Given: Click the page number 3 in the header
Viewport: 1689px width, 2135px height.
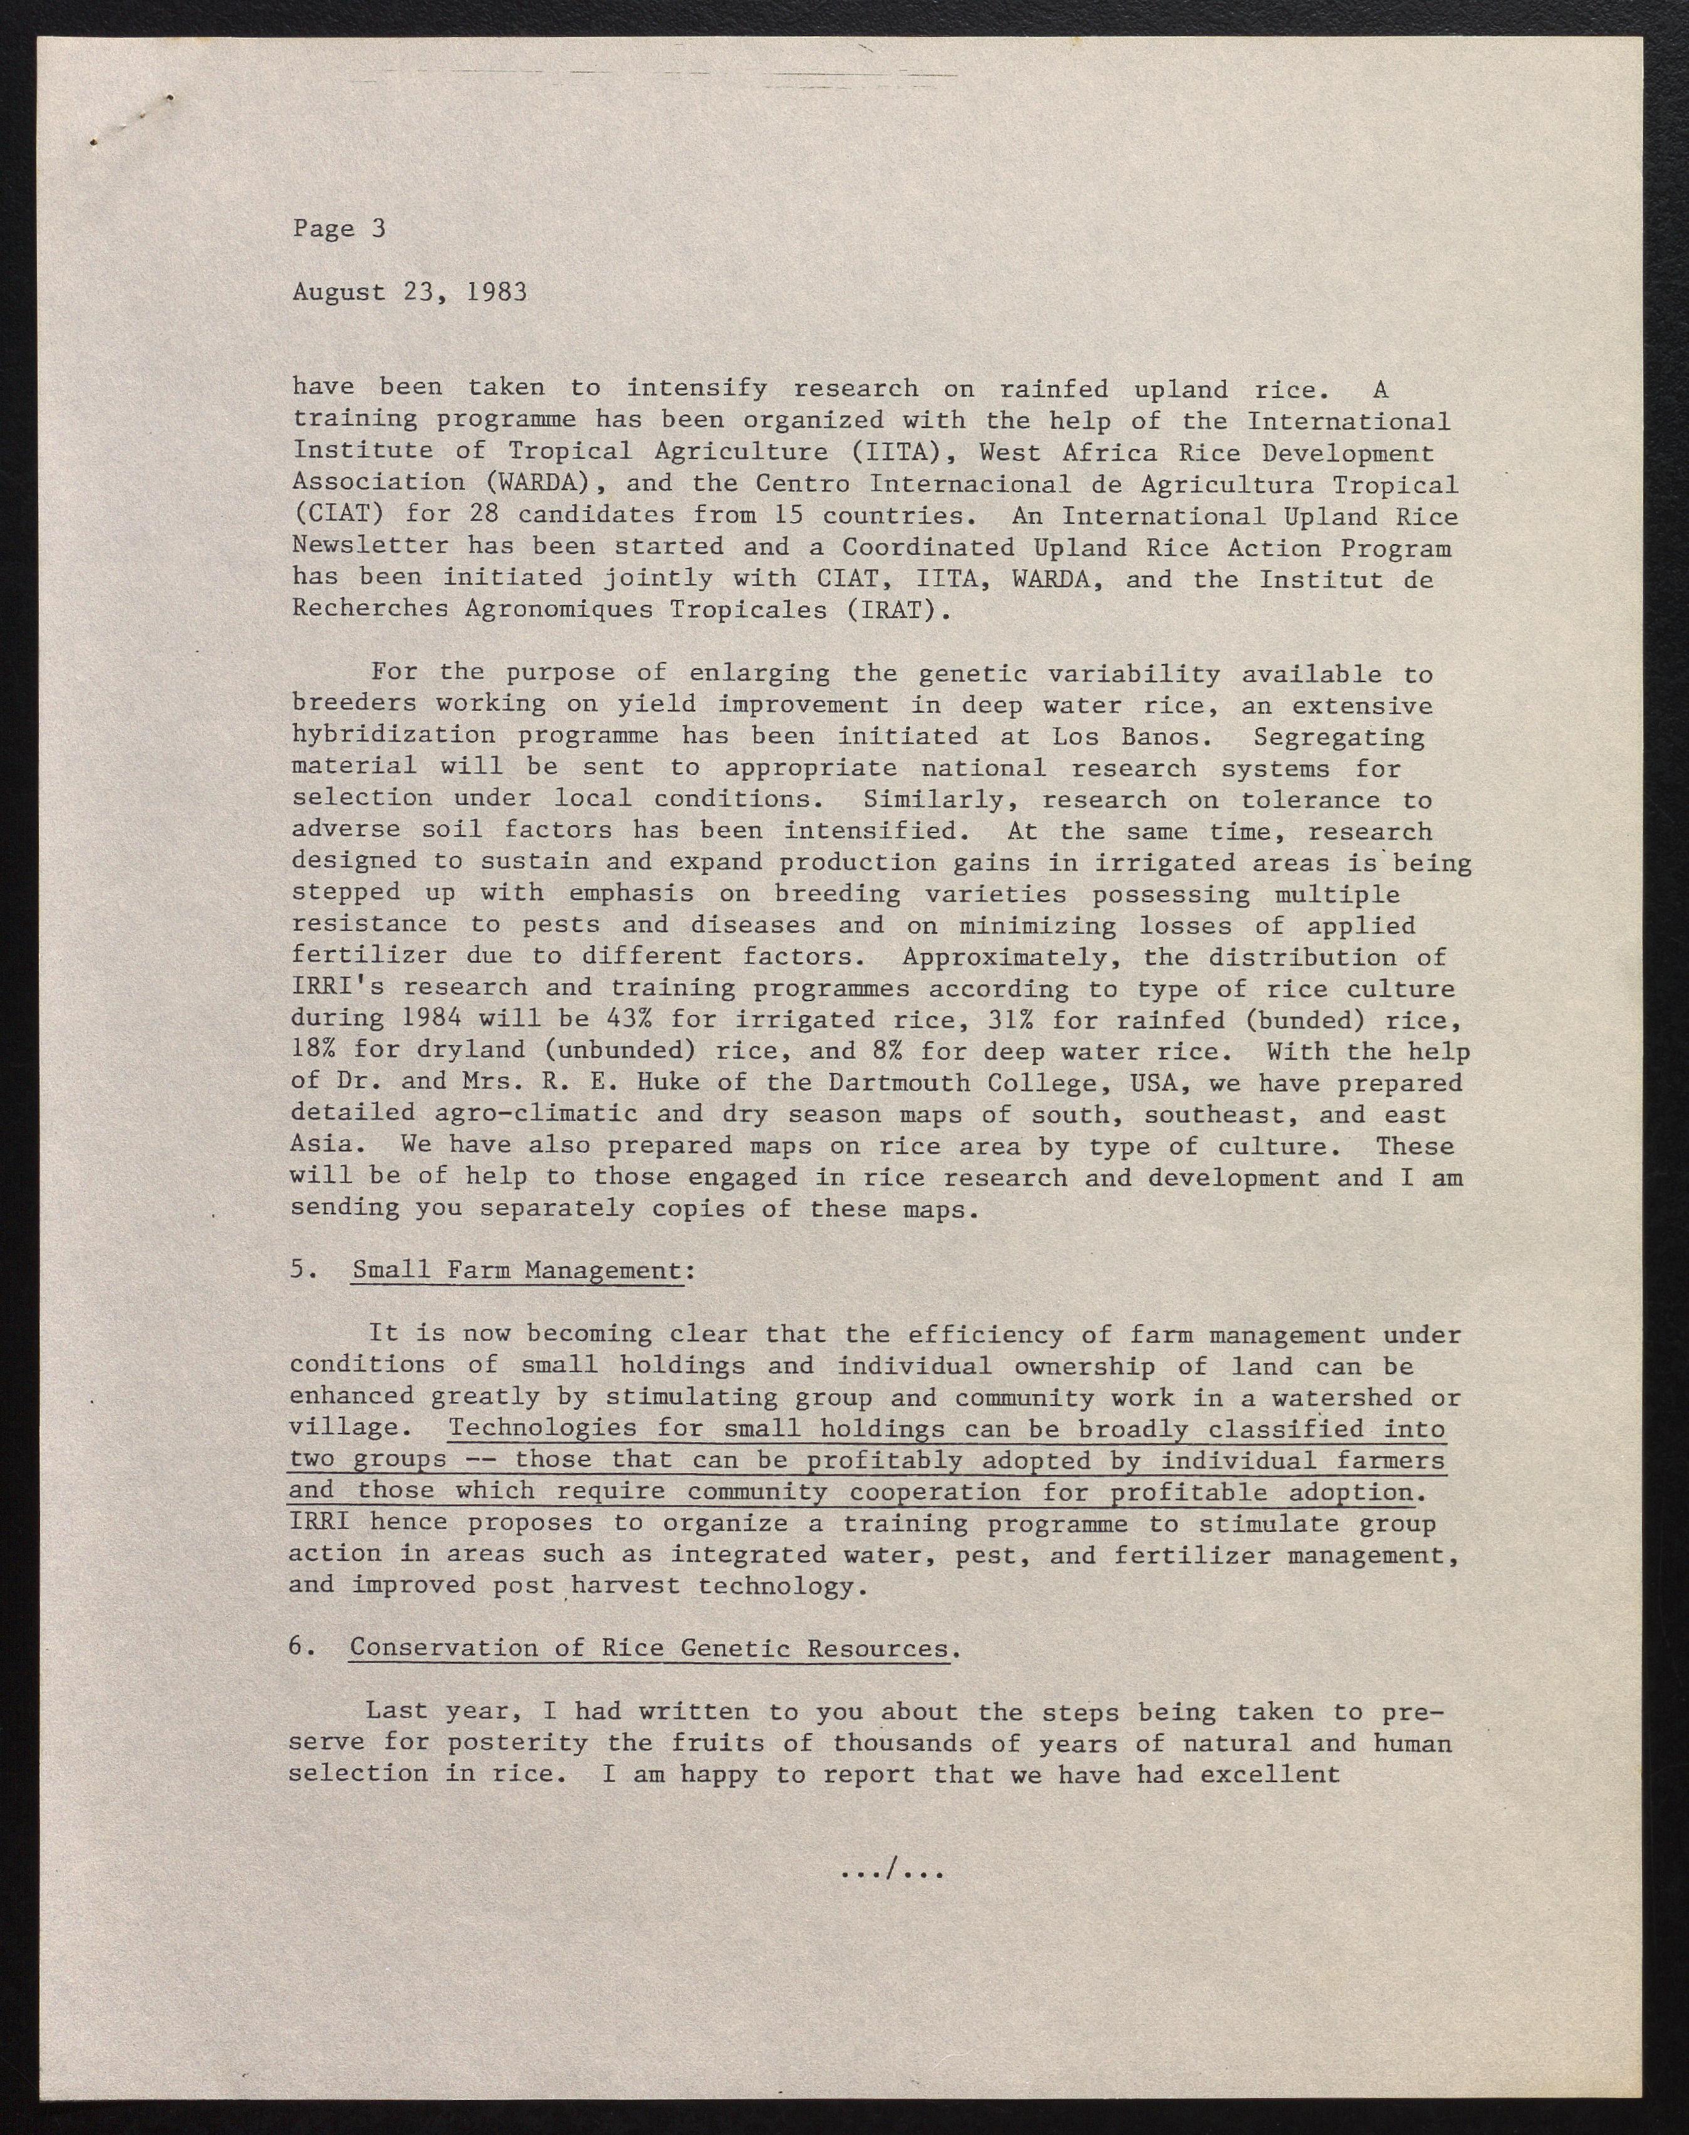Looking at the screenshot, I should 378,228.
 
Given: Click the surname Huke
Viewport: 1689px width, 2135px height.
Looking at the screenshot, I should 697,1083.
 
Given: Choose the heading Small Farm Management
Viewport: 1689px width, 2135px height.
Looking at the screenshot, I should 517,1271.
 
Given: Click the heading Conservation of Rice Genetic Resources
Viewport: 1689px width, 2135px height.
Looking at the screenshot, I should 649,1649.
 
